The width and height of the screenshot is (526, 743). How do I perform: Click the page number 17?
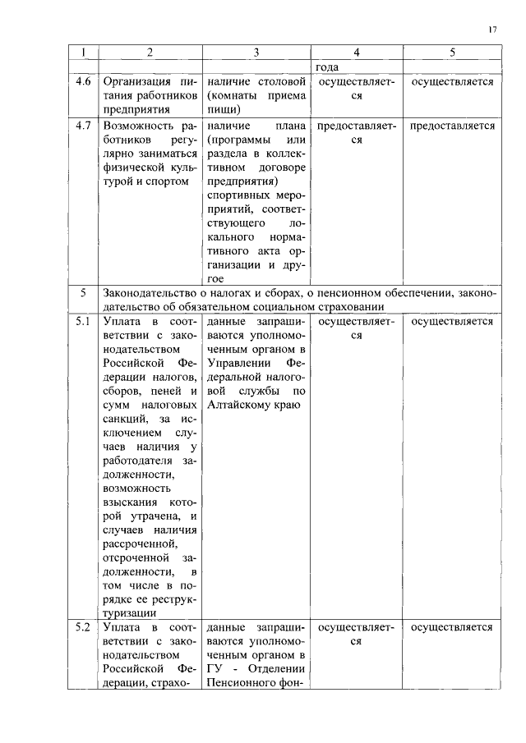pyautogui.click(x=491, y=30)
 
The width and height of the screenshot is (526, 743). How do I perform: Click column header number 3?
pyautogui.click(x=256, y=53)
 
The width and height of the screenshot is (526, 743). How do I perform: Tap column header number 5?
pyautogui.click(x=452, y=53)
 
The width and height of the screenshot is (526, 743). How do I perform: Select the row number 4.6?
pyautogui.click(x=83, y=81)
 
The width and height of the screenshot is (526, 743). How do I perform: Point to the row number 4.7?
pyautogui.click(x=83, y=126)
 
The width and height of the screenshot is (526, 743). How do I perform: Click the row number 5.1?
pyautogui.click(x=83, y=321)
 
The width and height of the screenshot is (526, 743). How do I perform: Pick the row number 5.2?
pyautogui.click(x=83, y=628)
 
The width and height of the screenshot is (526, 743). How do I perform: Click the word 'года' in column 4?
pyautogui.click(x=327, y=67)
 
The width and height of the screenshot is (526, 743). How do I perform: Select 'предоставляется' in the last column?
pyautogui.click(x=452, y=126)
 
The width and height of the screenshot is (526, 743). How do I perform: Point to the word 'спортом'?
pyautogui.click(x=169, y=181)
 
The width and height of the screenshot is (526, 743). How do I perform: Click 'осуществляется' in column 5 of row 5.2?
pyautogui.click(x=452, y=628)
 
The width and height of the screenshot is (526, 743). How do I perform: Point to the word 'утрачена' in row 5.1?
pyautogui.click(x=155, y=516)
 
